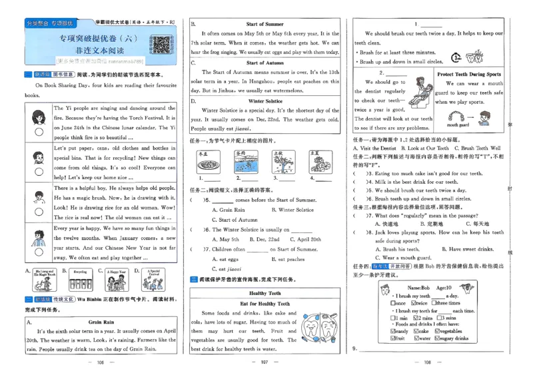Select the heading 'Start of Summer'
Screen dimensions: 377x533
(x=265, y=24)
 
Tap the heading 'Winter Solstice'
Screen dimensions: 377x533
(x=265, y=101)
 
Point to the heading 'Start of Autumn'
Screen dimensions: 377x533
(x=265, y=63)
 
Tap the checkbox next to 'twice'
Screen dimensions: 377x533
(x=413, y=303)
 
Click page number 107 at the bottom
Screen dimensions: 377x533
(x=265, y=363)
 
